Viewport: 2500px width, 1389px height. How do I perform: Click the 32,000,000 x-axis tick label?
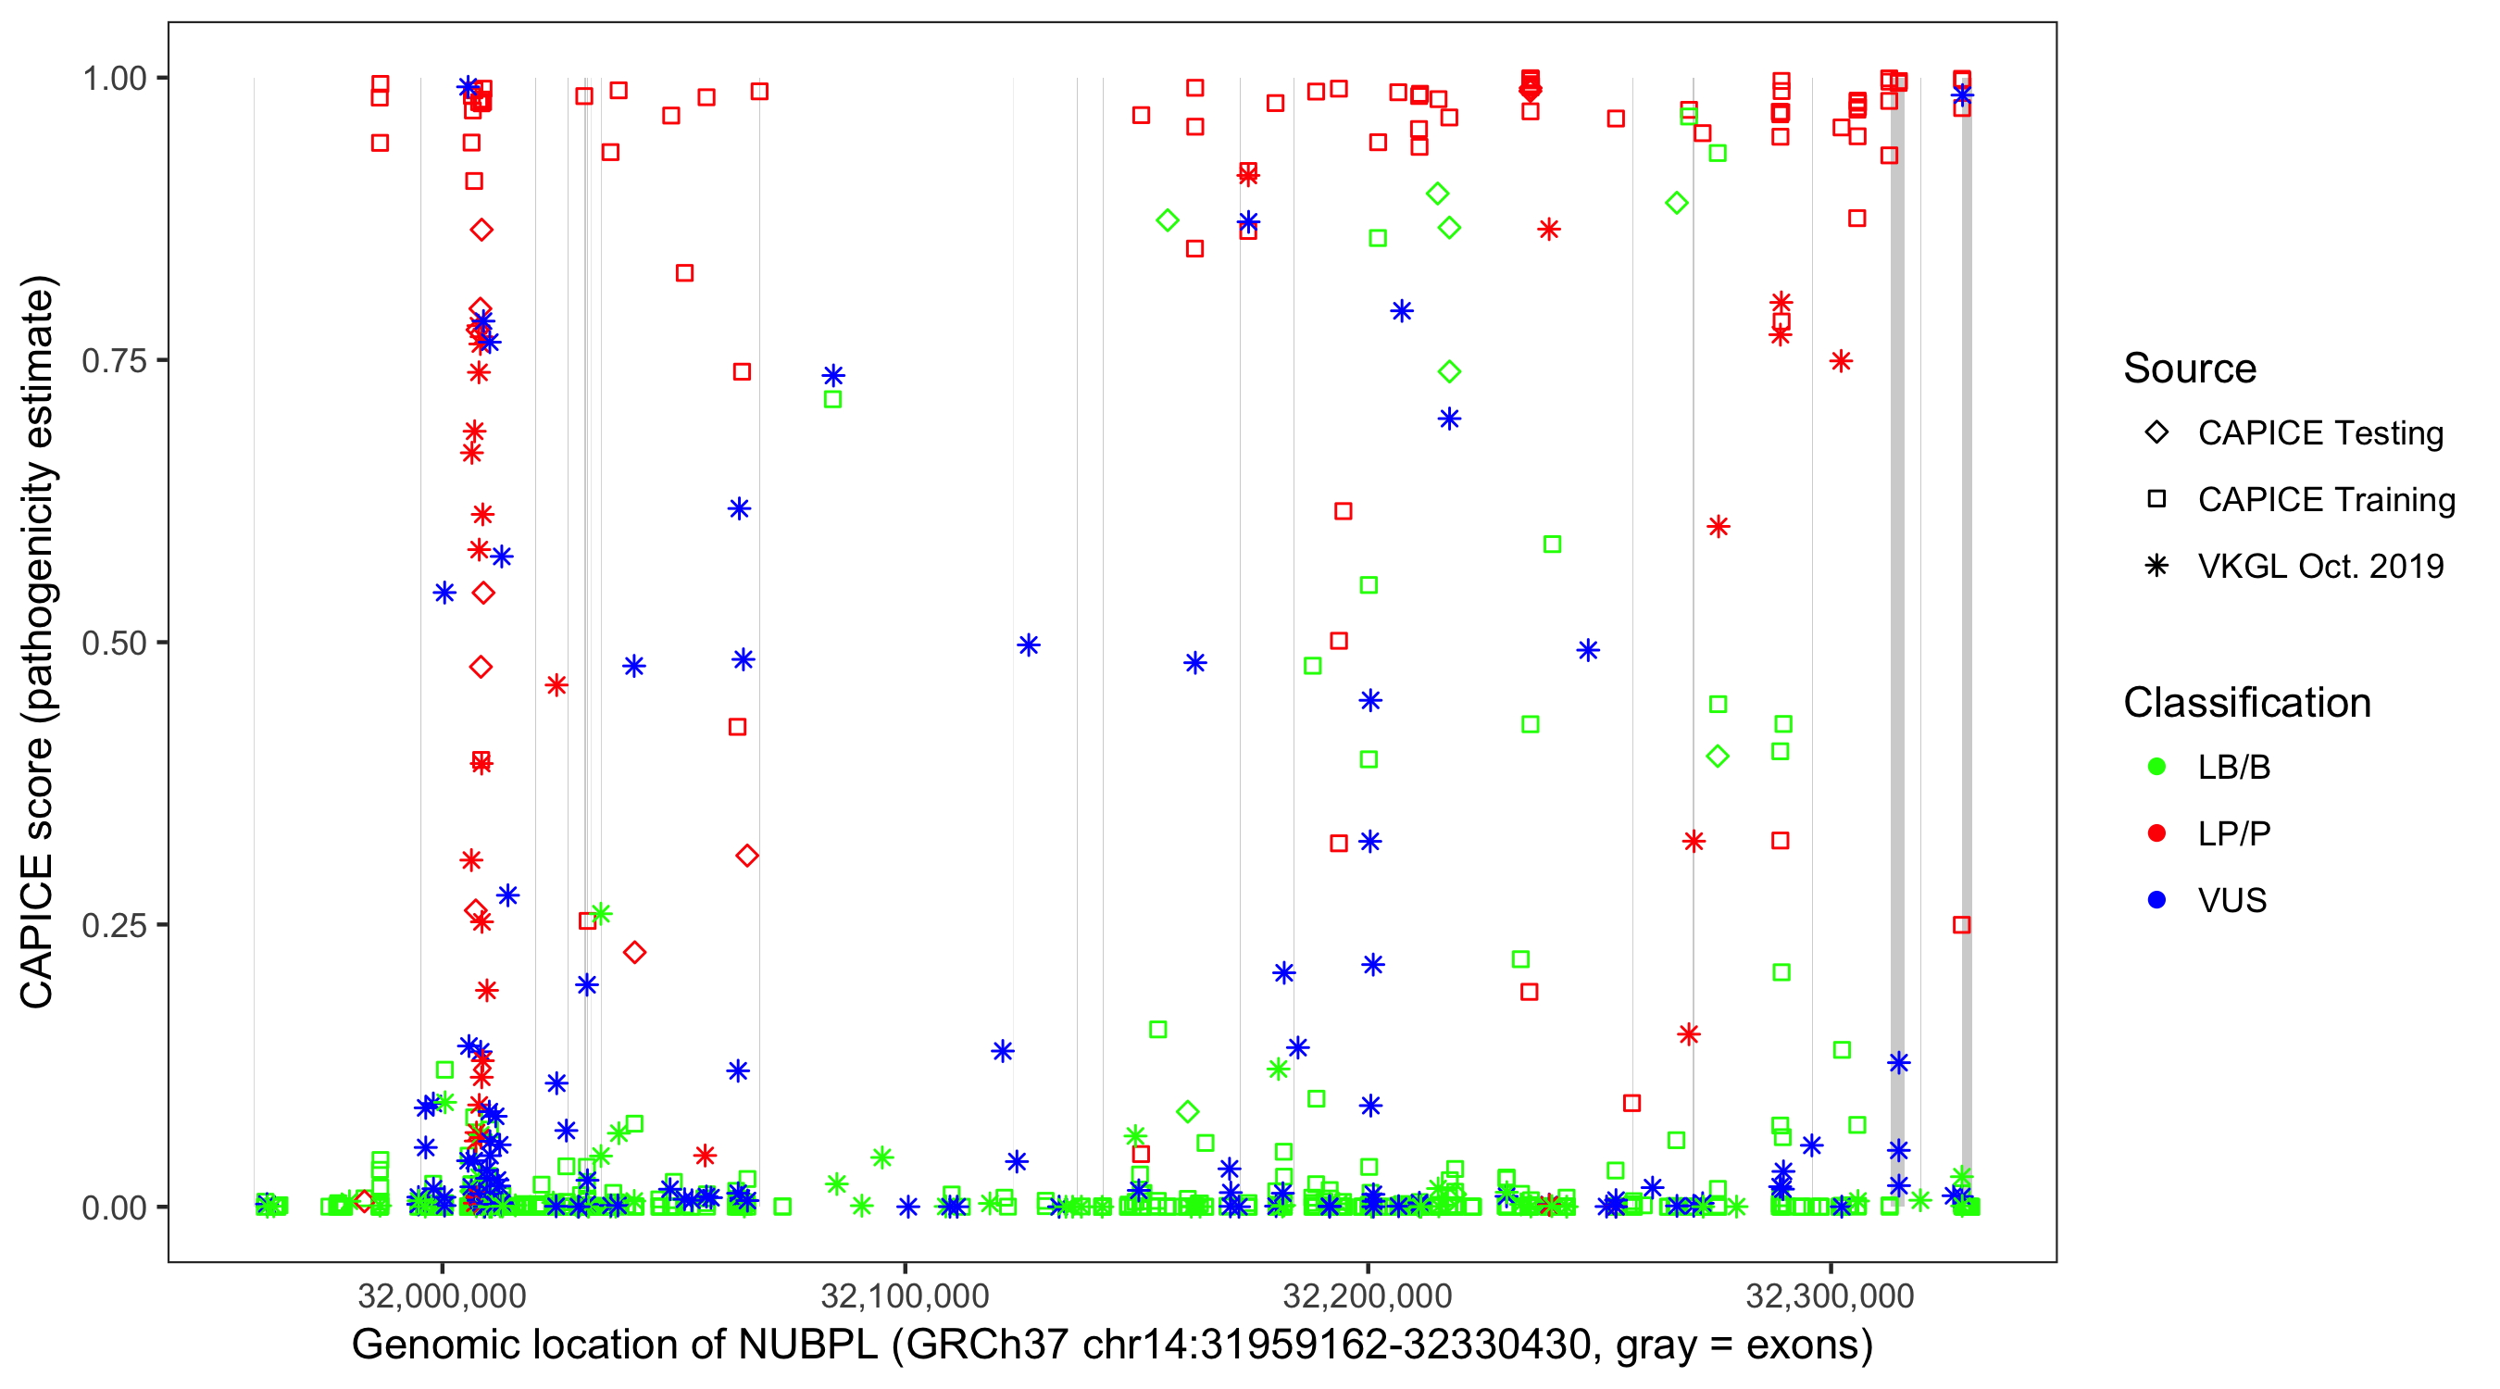click(442, 1295)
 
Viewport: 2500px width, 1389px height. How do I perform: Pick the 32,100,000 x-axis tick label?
click(905, 1295)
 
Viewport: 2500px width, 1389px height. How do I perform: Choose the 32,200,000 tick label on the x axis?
click(1368, 1295)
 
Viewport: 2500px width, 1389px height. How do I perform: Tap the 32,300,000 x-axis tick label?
click(1831, 1295)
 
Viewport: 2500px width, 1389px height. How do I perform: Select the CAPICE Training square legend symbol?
click(2156, 499)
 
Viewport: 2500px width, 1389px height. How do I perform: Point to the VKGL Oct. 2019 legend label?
click(2320, 566)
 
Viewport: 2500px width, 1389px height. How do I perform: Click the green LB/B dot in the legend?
click(2156, 767)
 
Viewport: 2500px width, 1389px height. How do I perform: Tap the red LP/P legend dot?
click(2156, 833)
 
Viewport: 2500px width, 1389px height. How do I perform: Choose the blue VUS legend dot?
click(2156, 900)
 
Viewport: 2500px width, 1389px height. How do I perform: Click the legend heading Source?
click(2190, 369)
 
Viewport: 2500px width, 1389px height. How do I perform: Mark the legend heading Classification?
click(2246, 703)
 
